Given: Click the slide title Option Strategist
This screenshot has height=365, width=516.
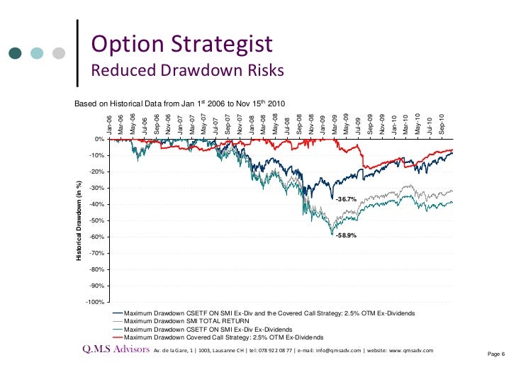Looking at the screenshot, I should [x=182, y=44].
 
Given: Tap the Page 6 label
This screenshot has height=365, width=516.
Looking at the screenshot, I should [x=495, y=354].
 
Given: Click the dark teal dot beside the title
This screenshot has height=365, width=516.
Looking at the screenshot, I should [x=16, y=53].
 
